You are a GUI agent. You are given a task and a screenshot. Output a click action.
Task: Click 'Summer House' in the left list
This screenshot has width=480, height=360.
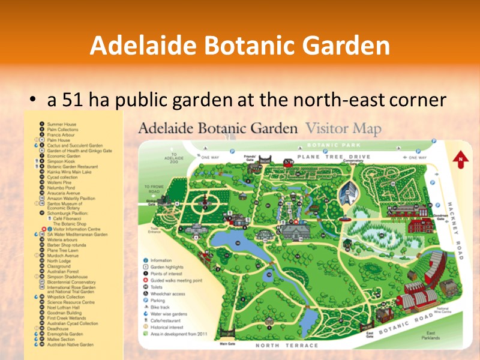62,124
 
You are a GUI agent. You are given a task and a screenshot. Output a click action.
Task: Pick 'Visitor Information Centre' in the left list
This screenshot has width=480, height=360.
77,229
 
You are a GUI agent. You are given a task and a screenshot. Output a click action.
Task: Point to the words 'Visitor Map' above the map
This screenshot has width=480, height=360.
343,129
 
